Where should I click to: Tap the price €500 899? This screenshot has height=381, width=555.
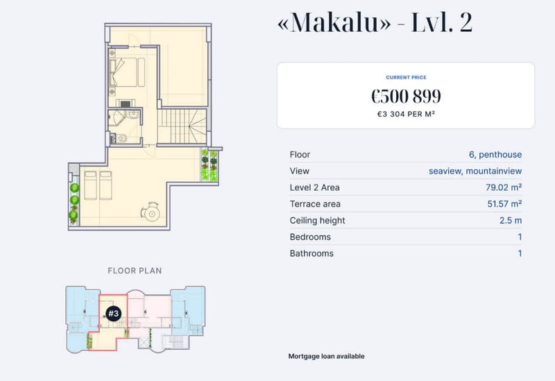tap(406, 96)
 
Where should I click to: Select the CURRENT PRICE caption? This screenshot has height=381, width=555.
tap(406, 77)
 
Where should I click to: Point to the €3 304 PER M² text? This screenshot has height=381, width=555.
tap(406, 114)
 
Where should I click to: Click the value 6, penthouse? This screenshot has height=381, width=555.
tap(495, 154)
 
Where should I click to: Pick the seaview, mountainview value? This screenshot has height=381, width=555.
tap(475, 171)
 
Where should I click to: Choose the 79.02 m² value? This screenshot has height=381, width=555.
tap(504, 187)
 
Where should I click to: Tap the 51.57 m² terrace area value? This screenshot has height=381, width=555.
tap(504, 204)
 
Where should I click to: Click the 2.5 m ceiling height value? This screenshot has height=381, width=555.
tap(511, 220)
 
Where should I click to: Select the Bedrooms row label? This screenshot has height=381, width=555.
tap(310, 237)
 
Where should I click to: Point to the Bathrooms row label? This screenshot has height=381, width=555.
tap(311, 253)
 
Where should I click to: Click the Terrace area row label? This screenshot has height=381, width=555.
tap(315, 204)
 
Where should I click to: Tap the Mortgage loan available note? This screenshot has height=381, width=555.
tap(326, 356)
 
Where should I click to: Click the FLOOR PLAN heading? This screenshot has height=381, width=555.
tap(135, 271)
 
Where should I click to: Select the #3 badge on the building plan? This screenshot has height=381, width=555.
tap(113, 314)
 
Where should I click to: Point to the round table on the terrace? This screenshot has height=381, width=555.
tap(152, 214)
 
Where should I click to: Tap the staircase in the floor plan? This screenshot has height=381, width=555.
tap(182, 126)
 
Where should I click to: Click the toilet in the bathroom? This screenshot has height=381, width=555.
tap(122, 138)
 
